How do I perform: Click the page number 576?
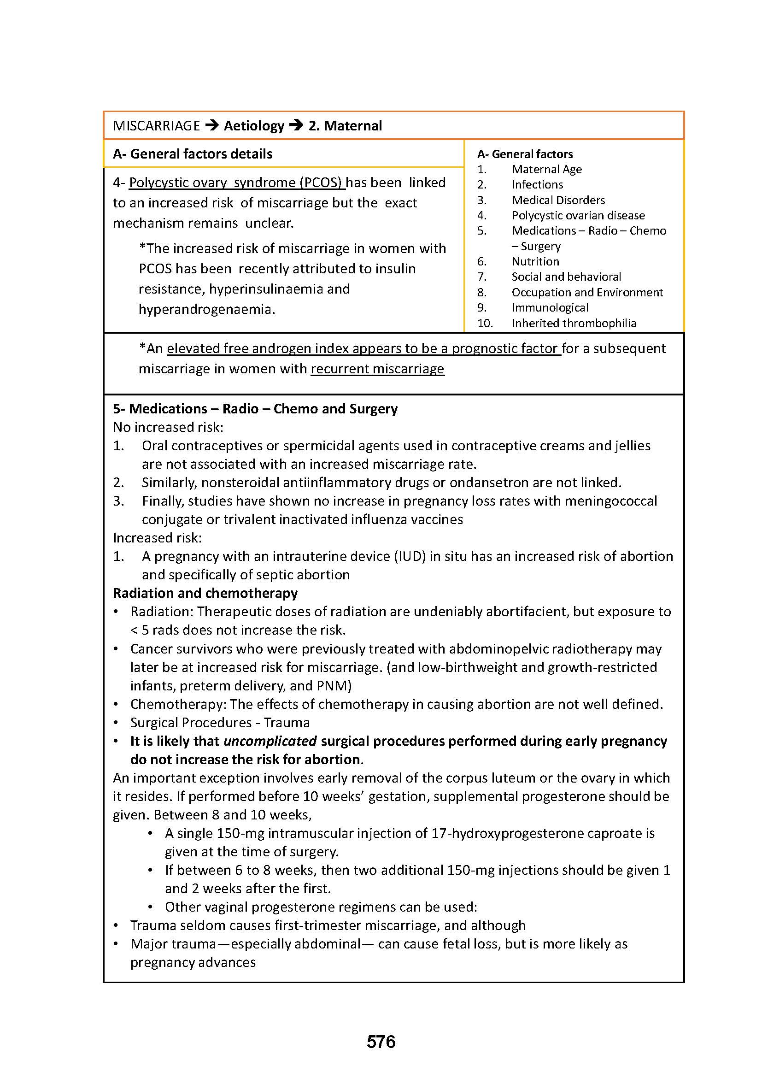381,1042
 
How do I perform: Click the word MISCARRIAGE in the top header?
157,126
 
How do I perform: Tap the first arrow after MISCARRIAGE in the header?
212,125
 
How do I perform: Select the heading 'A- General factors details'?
193,154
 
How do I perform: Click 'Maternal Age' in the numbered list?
547,170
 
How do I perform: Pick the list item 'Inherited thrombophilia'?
574,324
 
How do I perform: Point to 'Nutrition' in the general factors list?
535,261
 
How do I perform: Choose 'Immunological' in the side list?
550,308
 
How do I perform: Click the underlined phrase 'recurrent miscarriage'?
377,369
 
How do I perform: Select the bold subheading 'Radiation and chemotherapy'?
205,594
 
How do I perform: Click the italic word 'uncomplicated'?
270,742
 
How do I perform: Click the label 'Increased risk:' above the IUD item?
157,538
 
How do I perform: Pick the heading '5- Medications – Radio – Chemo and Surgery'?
255,409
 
